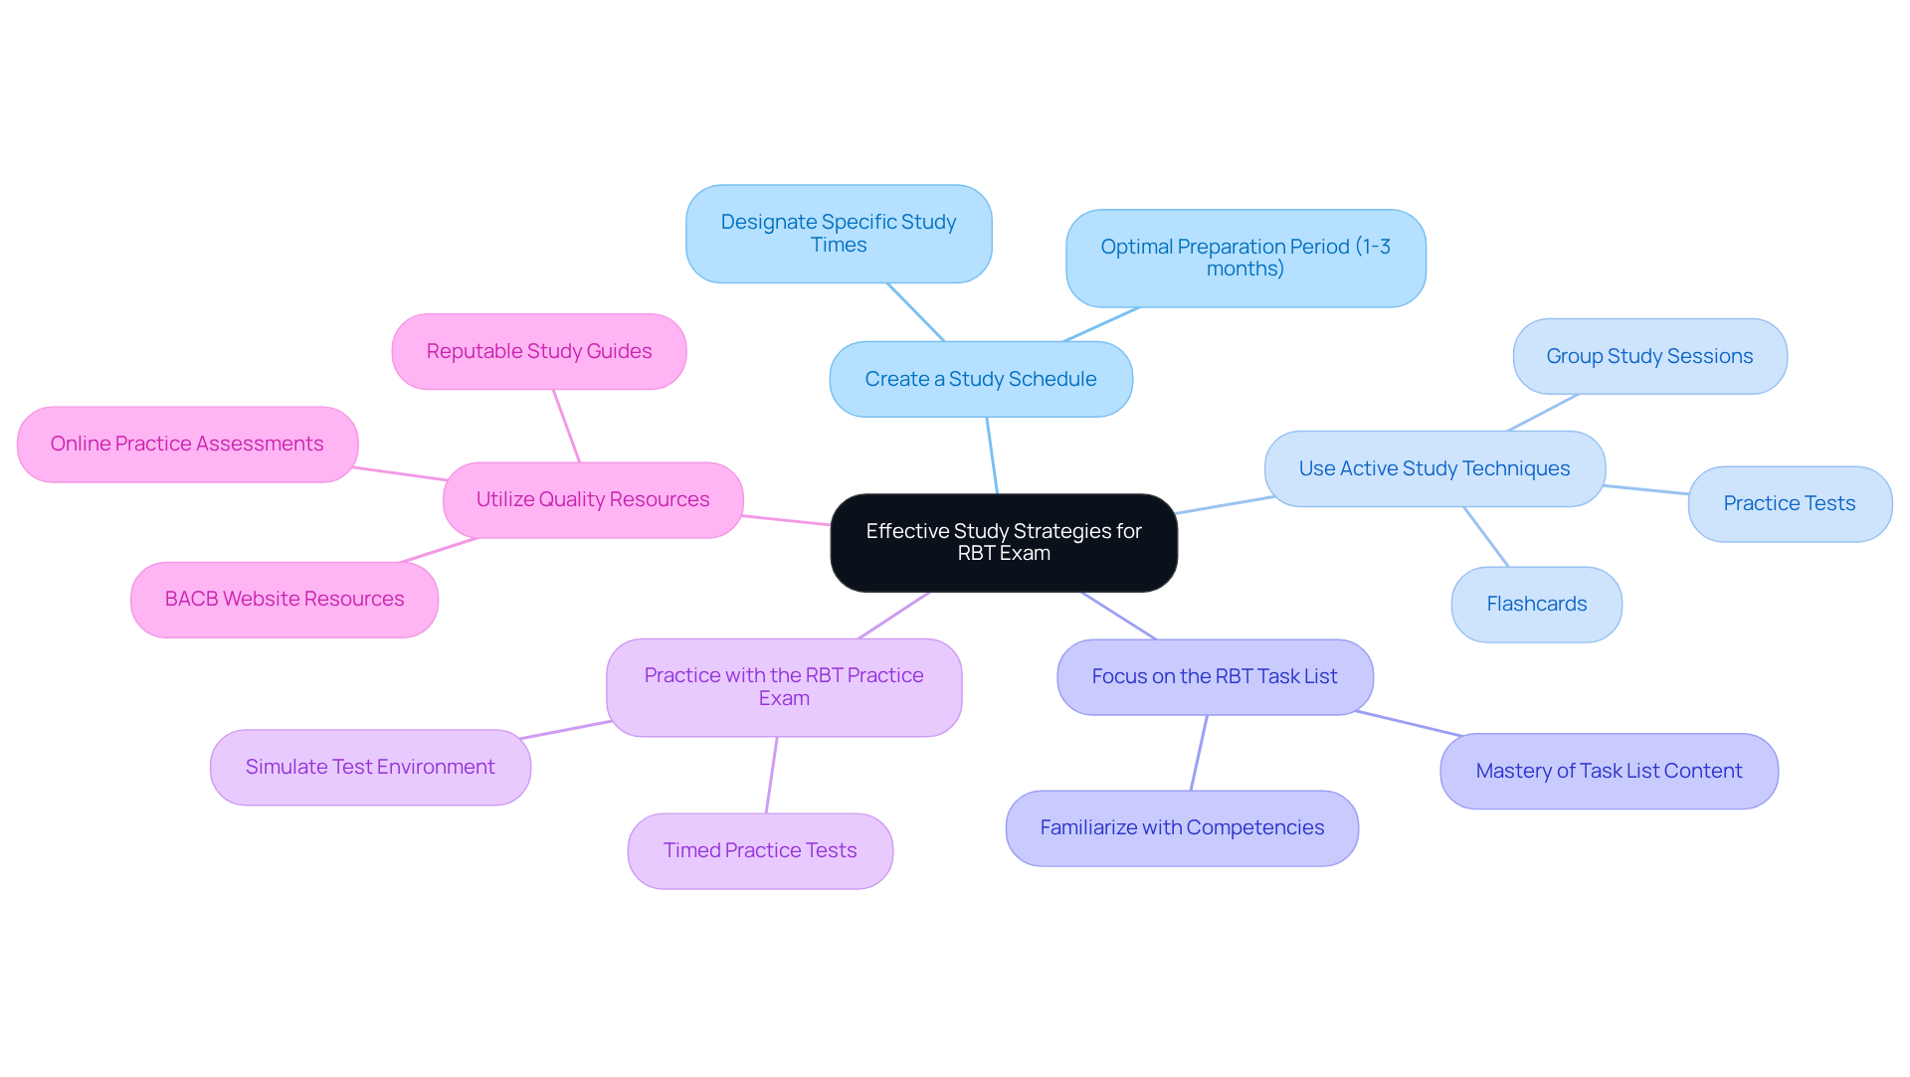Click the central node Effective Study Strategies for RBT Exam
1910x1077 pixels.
pyautogui.click(x=1004, y=542)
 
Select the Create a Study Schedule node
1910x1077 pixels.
pyautogui.click(x=981, y=379)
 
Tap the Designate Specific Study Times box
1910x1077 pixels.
pyautogui.click(x=839, y=234)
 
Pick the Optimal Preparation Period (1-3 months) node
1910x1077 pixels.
pyautogui.click(x=1245, y=258)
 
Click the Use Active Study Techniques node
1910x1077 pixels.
pyautogui.click(x=1434, y=468)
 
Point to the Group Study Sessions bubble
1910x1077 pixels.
pyautogui.click(x=1649, y=356)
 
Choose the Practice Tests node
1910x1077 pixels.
pyautogui.click(x=1790, y=503)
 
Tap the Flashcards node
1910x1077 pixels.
pyautogui.click(x=1536, y=604)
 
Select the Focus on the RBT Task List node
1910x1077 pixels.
pyautogui.click(x=1215, y=676)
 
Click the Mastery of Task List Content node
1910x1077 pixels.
pyautogui.click(x=1609, y=771)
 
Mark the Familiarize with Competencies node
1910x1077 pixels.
pyautogui.click(x=1182, y=827)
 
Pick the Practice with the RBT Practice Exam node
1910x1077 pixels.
pyautogui.click(x=784, y=687)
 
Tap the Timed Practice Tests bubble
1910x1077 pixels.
pyautogui.click(x=760, y=850)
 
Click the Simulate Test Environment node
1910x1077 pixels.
pyautogui.click(x=370, y=767)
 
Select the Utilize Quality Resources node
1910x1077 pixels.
pyautogui.click(x=593, y=499)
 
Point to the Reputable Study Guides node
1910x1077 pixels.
pyautogui.click(x=539, y=351)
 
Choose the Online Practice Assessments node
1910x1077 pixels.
pyautogui.click(x=187, y=444)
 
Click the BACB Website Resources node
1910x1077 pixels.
pyautogui.click(x=285, y=599)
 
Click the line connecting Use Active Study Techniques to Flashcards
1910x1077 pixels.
pyautogui.click(x=1486, y=537)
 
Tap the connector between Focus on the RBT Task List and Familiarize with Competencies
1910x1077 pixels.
pyautogui.click(x=1199, y=753)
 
